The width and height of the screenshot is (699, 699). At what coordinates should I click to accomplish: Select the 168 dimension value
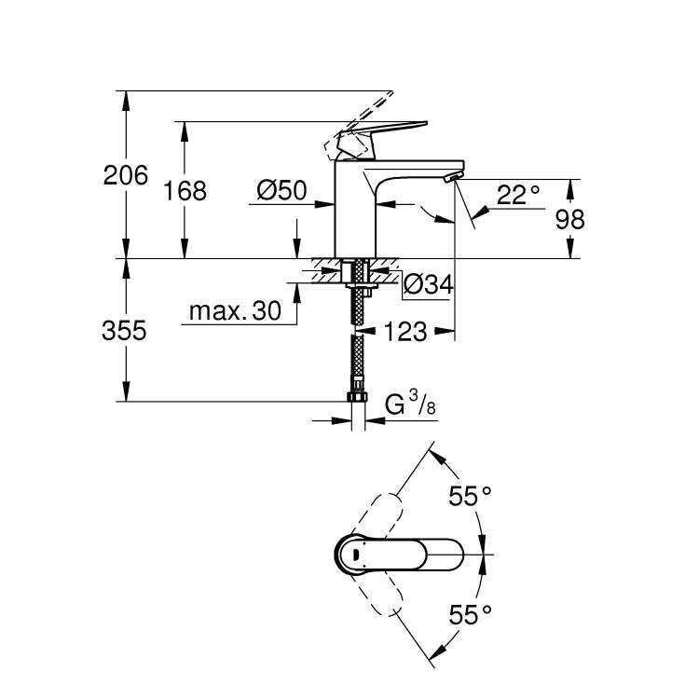[185, 190]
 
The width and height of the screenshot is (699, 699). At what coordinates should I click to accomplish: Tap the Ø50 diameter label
[281, 190]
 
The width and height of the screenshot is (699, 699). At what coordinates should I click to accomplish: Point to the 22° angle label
[517, 195]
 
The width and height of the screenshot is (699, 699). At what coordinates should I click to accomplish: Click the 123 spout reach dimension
[404, 331]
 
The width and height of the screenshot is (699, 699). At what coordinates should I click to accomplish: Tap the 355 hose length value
[124, 331]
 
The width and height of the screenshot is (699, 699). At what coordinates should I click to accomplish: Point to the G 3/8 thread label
[409, 404]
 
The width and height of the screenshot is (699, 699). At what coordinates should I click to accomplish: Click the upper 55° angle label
[470, 497]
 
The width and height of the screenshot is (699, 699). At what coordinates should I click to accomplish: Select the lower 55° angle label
[470, 614]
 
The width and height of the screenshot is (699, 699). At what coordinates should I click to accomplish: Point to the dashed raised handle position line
[368, 111]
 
